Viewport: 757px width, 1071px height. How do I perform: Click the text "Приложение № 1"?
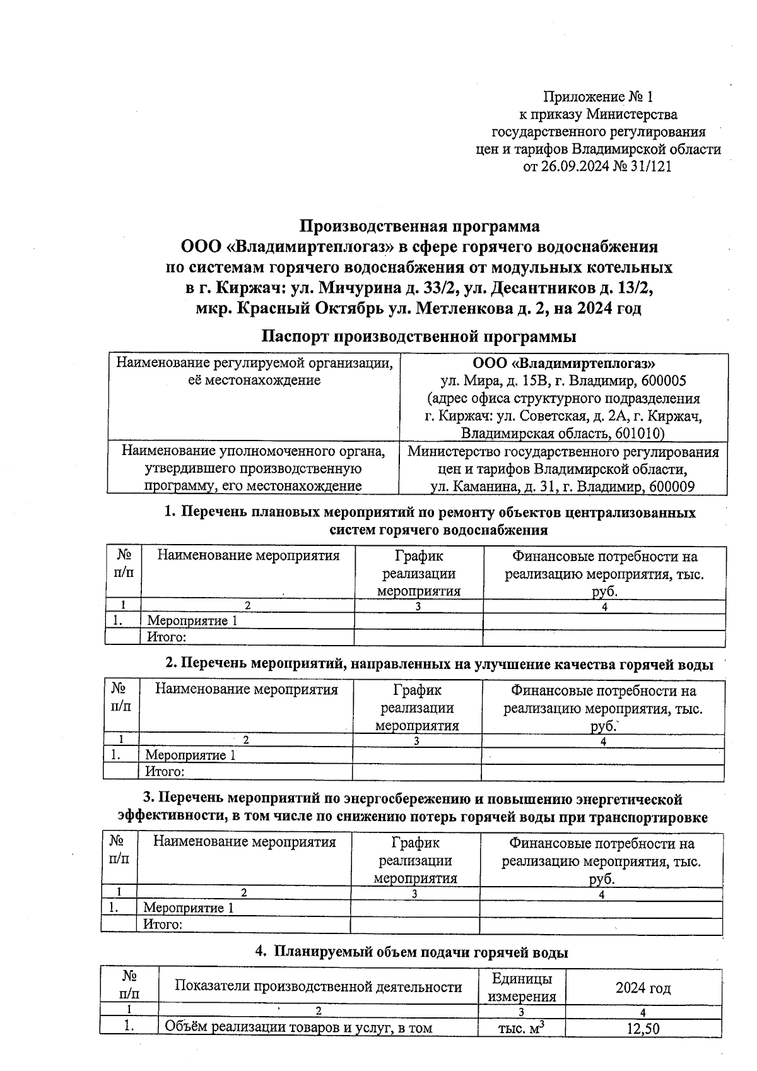point(598,97)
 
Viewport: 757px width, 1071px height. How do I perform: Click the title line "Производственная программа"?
point(419,226)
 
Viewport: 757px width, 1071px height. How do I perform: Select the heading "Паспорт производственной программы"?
point(419,336)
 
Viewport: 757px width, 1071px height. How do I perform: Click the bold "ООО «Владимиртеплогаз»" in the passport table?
point(563,364)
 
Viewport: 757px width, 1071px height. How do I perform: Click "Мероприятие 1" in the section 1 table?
point(192,620)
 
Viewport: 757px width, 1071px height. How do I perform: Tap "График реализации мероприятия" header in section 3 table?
point(415,860)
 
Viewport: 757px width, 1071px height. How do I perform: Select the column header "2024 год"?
point(643,988)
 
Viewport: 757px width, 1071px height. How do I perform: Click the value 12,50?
point(643,1029)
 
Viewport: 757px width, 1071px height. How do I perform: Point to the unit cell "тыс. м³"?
point(521,1028)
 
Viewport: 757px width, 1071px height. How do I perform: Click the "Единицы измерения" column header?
point(522,987)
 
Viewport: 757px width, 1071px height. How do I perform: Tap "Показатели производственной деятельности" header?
point(318,987)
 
